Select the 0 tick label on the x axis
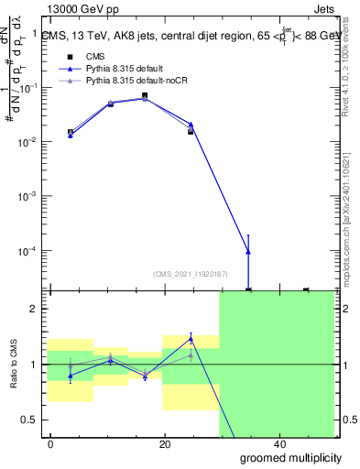pos(51,444)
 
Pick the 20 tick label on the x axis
pos(165,444)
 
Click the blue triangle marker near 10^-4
pos(248,251)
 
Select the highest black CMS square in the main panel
pos(145,95)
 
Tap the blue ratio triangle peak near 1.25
pos(191,339)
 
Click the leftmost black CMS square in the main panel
pos(71,132)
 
